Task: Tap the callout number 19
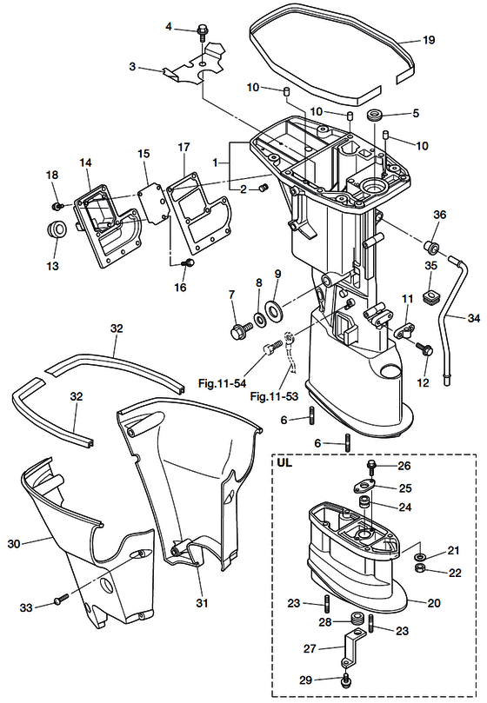tap(429, 40)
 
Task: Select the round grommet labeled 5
tap(374, 116)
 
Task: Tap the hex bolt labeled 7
tap(239, 331)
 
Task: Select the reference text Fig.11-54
tap(222, 383)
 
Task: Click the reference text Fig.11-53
tap(274, 396)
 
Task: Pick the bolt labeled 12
tap(424, 348)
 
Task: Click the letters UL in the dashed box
tap(284, 461)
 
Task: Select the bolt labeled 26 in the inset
tap(371, 468)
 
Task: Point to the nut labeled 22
tap(421, 569)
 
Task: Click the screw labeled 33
tap(62, 600)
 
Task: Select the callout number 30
tap(14, 544)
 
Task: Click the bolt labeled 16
tap(188, 262)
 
